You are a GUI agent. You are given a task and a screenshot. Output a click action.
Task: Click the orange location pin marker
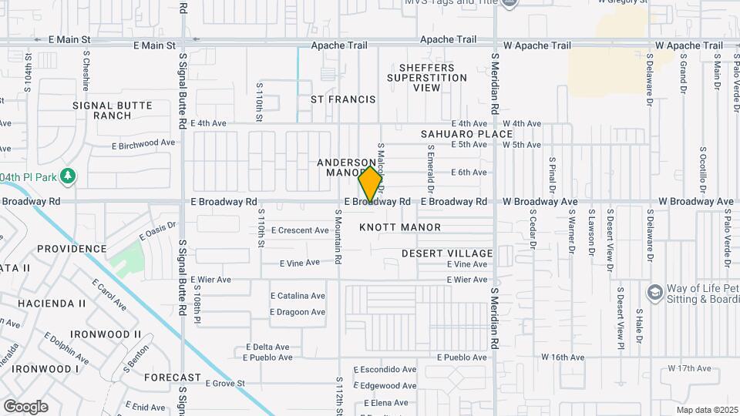[371, 183]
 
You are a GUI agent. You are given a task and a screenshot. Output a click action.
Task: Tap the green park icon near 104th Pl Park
[69, 176]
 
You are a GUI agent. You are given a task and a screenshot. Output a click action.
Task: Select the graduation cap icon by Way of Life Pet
[655, 292]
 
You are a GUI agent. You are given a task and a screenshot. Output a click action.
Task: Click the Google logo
[25, 406]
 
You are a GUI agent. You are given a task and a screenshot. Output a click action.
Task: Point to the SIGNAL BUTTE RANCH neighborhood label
[113, 110]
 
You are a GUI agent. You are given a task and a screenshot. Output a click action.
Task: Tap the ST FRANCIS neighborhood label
[343, 99]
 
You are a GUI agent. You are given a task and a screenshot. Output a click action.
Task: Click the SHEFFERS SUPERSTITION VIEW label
[426, 78]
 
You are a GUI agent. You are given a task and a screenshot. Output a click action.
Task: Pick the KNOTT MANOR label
[400, 227]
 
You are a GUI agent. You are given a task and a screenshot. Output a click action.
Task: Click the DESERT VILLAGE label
[447, 253]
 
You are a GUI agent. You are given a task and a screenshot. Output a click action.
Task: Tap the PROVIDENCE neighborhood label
[72, 249]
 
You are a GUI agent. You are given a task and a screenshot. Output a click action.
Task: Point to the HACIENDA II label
[52, 304]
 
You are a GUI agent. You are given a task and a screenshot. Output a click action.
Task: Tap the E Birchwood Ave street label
[143, 143]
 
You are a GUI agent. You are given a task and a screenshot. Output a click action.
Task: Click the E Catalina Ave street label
[298, 296]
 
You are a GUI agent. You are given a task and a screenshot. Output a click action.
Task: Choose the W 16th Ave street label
[563, 357]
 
